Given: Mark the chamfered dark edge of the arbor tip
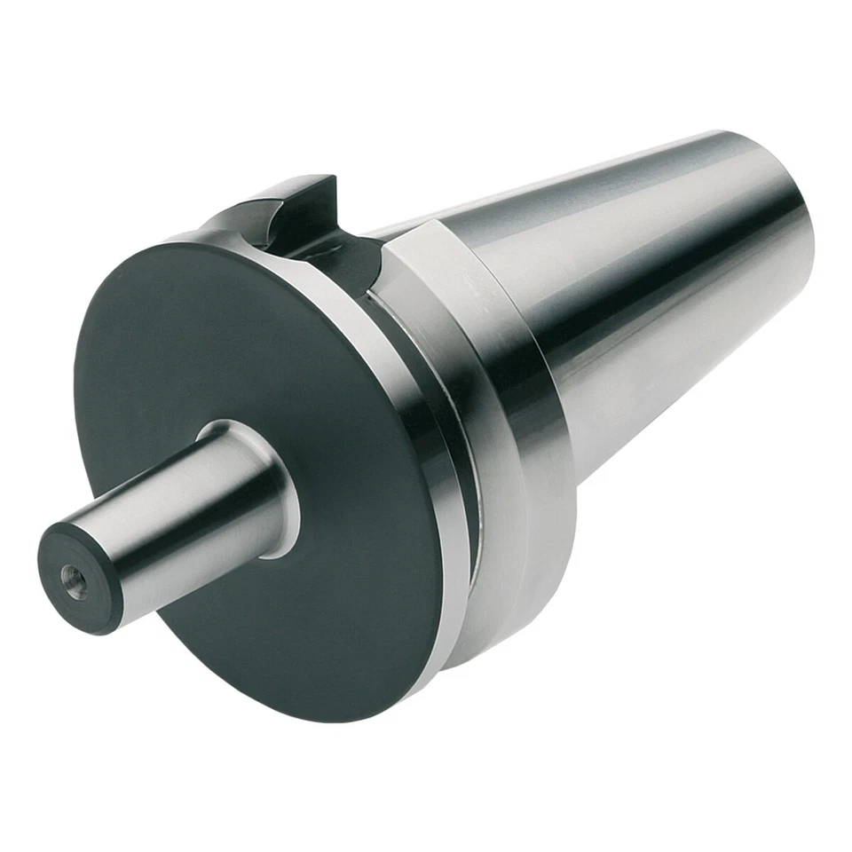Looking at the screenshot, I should coord(62,612).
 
